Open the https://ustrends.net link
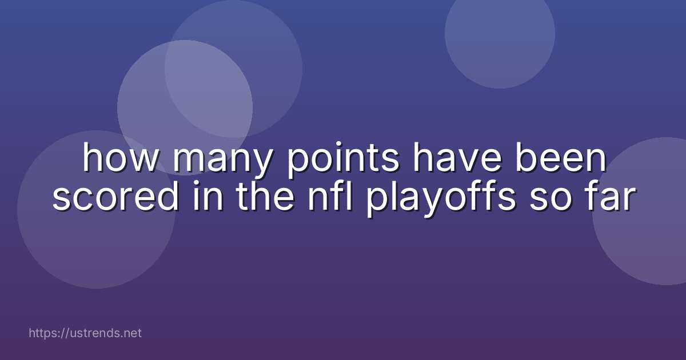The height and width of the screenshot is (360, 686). point(85,333)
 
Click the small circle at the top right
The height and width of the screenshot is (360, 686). point(500,34)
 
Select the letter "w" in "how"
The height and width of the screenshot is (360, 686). point(145,161)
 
